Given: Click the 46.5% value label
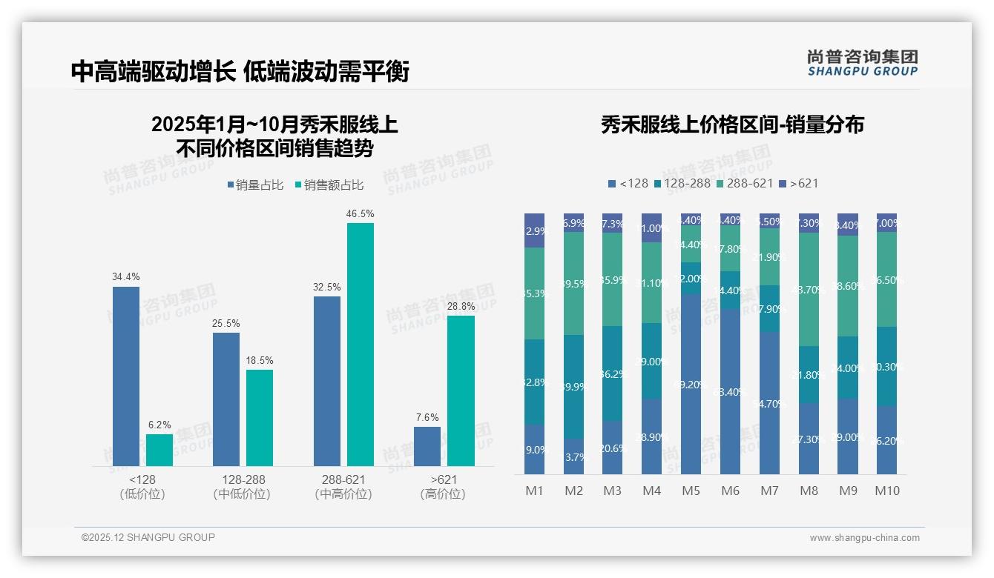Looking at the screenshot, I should tap(360, 213).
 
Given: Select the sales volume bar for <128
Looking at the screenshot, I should tap(126, 376).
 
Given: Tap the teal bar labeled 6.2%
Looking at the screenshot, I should tap(159, 450).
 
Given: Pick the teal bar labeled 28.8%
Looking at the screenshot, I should tap(461, 391).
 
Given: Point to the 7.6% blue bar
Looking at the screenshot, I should tap(427, 446).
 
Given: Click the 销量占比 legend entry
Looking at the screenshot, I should tap(255, 185).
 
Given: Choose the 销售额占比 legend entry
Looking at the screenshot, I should tap(329, 185).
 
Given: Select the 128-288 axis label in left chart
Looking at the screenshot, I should tap(242, 486).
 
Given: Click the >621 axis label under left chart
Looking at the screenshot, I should tap(443, 486).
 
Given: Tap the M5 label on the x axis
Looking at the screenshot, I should tap(691, 491).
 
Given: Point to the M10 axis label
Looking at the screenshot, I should tap(886, 491).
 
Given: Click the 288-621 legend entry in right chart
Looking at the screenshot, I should tap(745, 183).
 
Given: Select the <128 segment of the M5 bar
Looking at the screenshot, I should tap(691, 384).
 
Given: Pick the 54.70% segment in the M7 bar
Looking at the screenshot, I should tap(770, 402).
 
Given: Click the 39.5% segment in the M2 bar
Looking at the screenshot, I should tap(574, 283).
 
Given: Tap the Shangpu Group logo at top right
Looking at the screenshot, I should tap(862, 62).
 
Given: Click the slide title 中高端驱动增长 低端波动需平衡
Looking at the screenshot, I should tap(240, 71).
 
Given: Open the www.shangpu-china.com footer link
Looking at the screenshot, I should tap(864, 538).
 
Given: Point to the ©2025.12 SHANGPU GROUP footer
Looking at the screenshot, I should tap(148, 537).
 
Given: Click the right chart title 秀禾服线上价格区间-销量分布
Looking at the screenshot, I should tap(732, 124).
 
